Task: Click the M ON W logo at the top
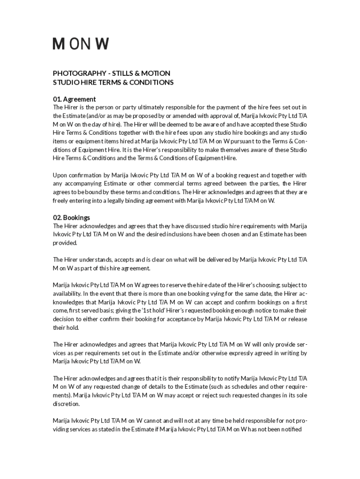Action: click(80, 44)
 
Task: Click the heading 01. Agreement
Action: click(74, 99)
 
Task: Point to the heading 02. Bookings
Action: click(72, 218)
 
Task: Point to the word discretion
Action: click(66, 404)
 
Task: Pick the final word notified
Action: click(295, 429)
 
